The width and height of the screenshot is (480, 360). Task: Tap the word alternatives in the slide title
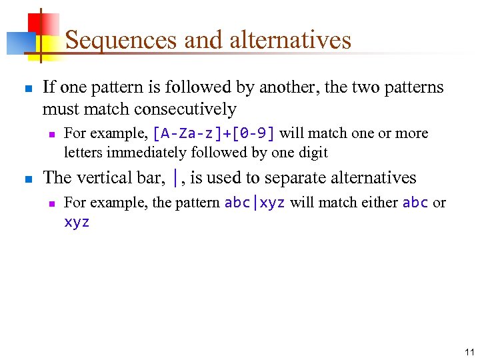tap(290, 41)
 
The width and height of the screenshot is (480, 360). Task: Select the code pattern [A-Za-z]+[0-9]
tap(213, 133)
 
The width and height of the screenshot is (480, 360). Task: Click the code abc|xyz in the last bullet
tap(255, 203)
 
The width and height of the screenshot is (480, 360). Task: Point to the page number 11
tap(469, 352)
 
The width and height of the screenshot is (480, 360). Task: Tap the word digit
tap(313, 153)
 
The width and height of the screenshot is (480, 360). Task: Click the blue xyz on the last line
tap(77, 223)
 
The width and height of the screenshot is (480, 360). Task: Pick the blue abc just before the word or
tap(415, 203)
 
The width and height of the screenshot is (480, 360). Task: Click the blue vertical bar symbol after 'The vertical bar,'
tap(175, 178)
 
